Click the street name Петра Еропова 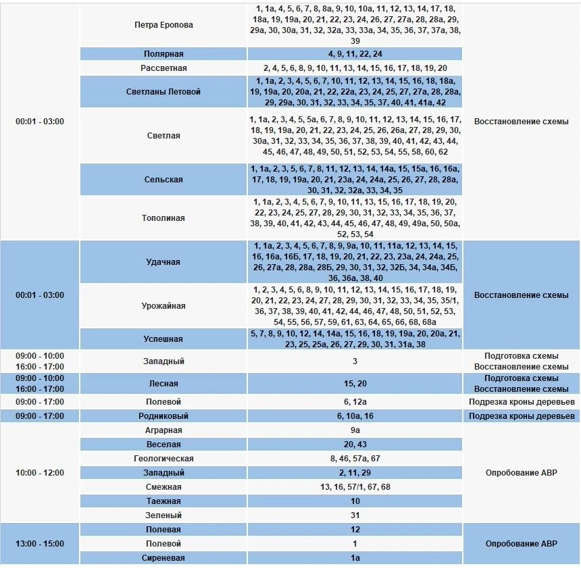[x=163, y=25]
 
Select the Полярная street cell [x=163, y=54]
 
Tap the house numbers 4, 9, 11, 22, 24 [x=355, y=54]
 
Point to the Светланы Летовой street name [x=163, y=92]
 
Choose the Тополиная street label [x=163, y=218]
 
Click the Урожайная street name [x=163, y=306]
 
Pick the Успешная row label [x=163, y=339]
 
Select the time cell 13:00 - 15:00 [x=40, y=544]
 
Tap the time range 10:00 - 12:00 [x=40, y=473]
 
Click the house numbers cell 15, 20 [x=355, y=384]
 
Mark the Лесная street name [x=163, y=384]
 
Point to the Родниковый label [x=163, y=416]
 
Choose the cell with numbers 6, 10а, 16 [x=355, y=416]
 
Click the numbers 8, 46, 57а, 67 [x=355, y=459]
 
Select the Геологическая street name [x=163, y=459]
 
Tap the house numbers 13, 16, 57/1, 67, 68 [x=355, y=487]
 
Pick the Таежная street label [x=163, y=501]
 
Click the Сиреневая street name [x=163, y=558]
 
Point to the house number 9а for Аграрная [x=355, y=430]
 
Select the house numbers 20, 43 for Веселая [x=355, y=445]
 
